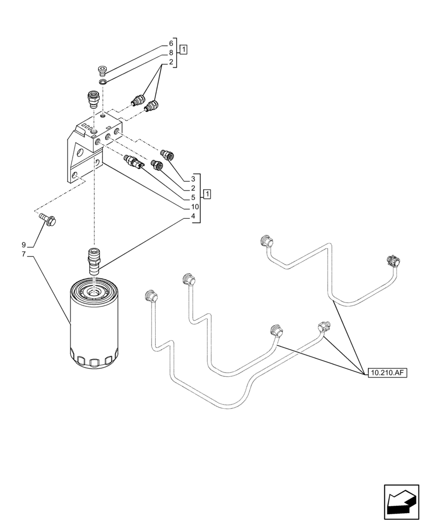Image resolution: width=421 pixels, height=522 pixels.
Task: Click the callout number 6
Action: (x=170, y=43)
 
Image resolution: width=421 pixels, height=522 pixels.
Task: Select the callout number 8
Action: (x=170, y=53)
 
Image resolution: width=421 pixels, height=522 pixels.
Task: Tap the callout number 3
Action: (x=193, y=179)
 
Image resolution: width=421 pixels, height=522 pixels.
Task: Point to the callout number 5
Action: (x=193, y=197)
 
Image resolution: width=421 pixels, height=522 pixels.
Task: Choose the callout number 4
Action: (x=193, y=216)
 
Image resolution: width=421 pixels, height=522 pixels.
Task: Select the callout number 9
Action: (x=23, y=245)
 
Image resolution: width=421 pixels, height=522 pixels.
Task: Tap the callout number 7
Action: (x=23, y=254)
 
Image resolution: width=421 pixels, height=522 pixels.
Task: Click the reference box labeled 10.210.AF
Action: (x=387, y=373)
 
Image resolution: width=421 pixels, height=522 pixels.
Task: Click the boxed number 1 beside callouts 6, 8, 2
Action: (x=183, y=50)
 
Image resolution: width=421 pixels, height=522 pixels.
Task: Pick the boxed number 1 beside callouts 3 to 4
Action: (x=207, y=195)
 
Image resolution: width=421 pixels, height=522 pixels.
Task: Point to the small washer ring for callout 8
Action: (x=103, y=81)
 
